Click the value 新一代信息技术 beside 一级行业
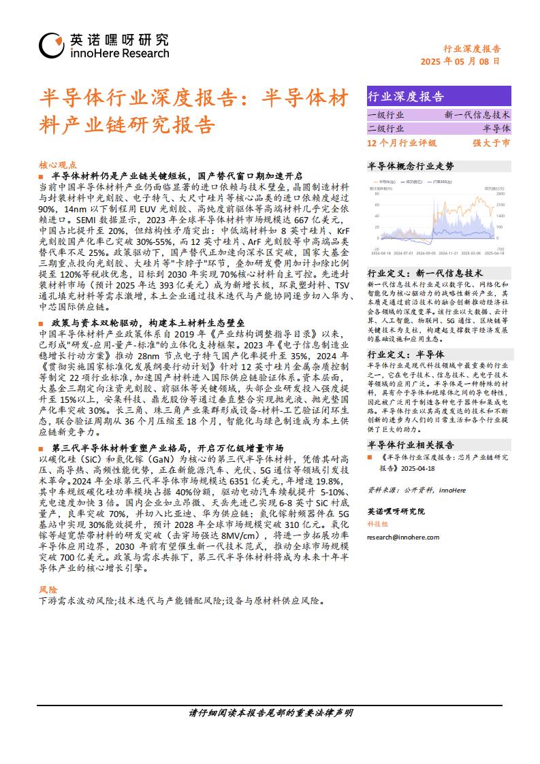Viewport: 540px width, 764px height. (477, 115)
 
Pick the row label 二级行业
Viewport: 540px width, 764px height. (385, 129)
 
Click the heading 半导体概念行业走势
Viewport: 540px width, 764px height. (411, 166)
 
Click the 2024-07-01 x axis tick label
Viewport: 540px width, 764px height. (402, 252)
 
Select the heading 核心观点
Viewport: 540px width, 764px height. (58, 165)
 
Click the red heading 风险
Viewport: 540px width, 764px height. (48, 589)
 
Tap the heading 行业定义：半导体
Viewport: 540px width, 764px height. (406, 354)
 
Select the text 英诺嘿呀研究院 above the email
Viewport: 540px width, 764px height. (395, 511)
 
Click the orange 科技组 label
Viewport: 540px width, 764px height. (377, 524)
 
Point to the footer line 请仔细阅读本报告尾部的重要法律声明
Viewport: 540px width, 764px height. (270, 713)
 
